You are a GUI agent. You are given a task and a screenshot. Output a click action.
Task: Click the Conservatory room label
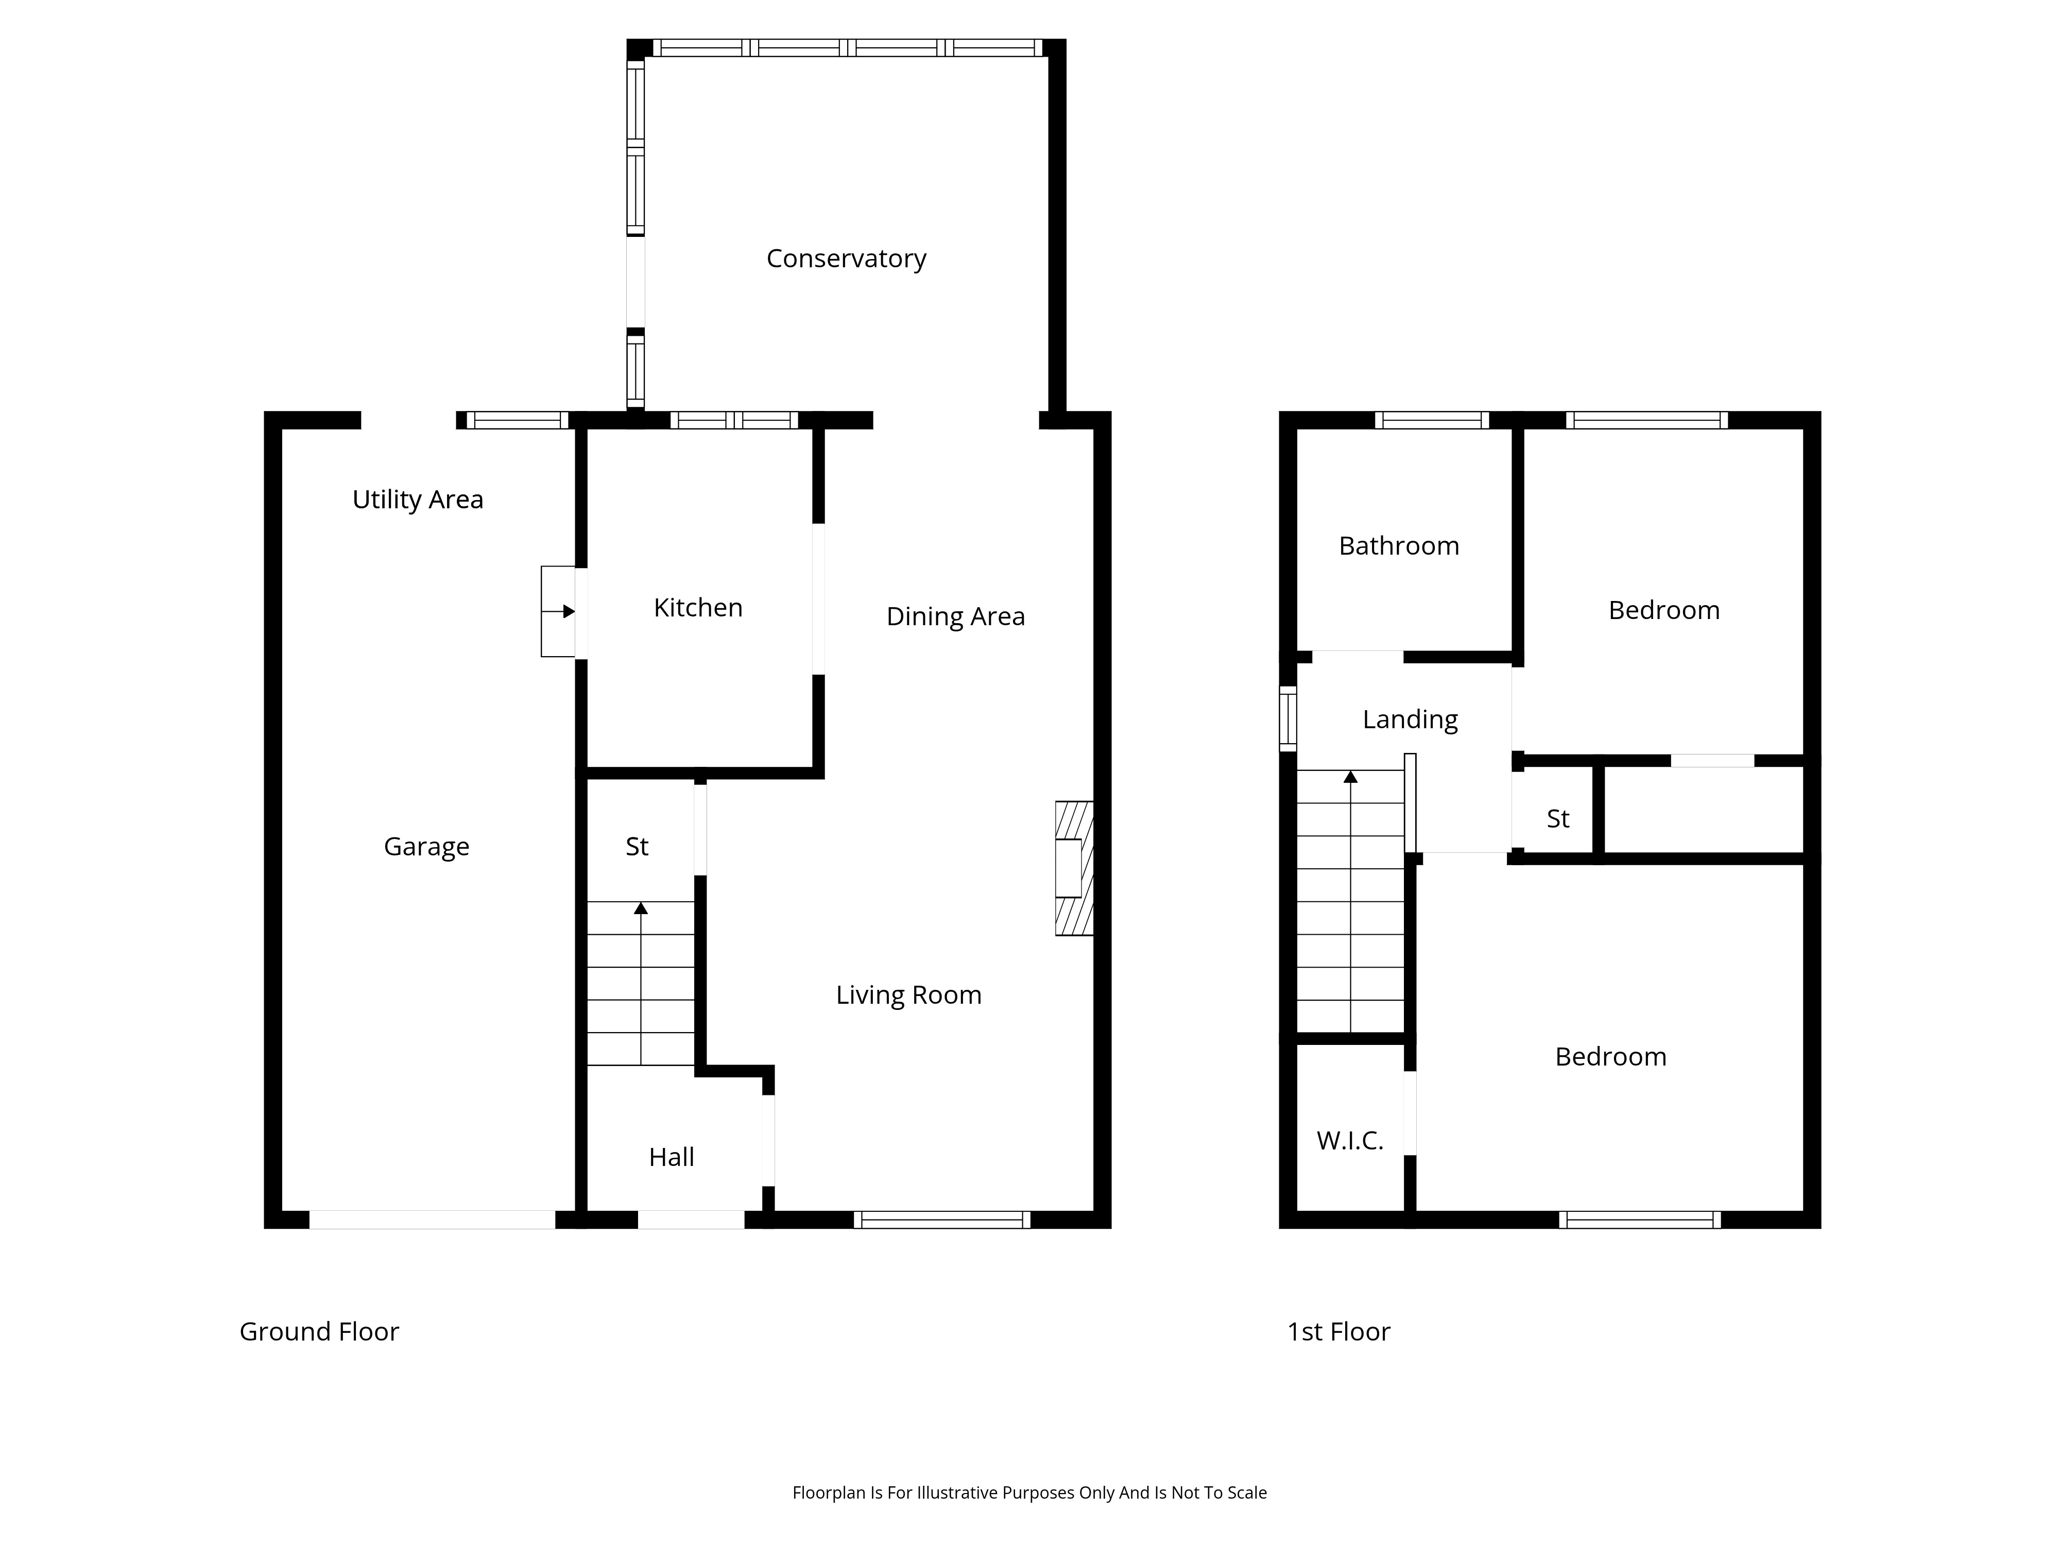point(846,259)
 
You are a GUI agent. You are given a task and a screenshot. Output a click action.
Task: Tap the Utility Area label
point(417,500)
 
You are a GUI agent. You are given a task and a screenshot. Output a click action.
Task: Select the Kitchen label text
point(697,608)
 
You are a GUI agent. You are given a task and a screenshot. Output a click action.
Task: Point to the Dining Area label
point(955,616)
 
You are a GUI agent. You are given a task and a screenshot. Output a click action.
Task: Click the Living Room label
point(908,995)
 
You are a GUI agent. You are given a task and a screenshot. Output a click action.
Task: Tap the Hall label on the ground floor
point(672,1158)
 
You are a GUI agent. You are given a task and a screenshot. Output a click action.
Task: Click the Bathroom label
point(1399,546)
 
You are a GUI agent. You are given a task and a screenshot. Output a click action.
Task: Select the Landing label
point(1410,720)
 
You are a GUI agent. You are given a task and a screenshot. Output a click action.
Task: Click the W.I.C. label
point(1349,1141)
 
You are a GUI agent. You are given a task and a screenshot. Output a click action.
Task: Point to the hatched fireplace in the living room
point(1074,868)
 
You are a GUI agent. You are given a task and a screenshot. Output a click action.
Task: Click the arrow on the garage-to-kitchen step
point(558,612)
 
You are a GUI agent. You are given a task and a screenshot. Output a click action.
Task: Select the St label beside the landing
point(1558,819)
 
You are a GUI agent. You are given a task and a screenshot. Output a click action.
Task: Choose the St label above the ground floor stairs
point(637,848)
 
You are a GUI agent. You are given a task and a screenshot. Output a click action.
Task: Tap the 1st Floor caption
point(1338,1332)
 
